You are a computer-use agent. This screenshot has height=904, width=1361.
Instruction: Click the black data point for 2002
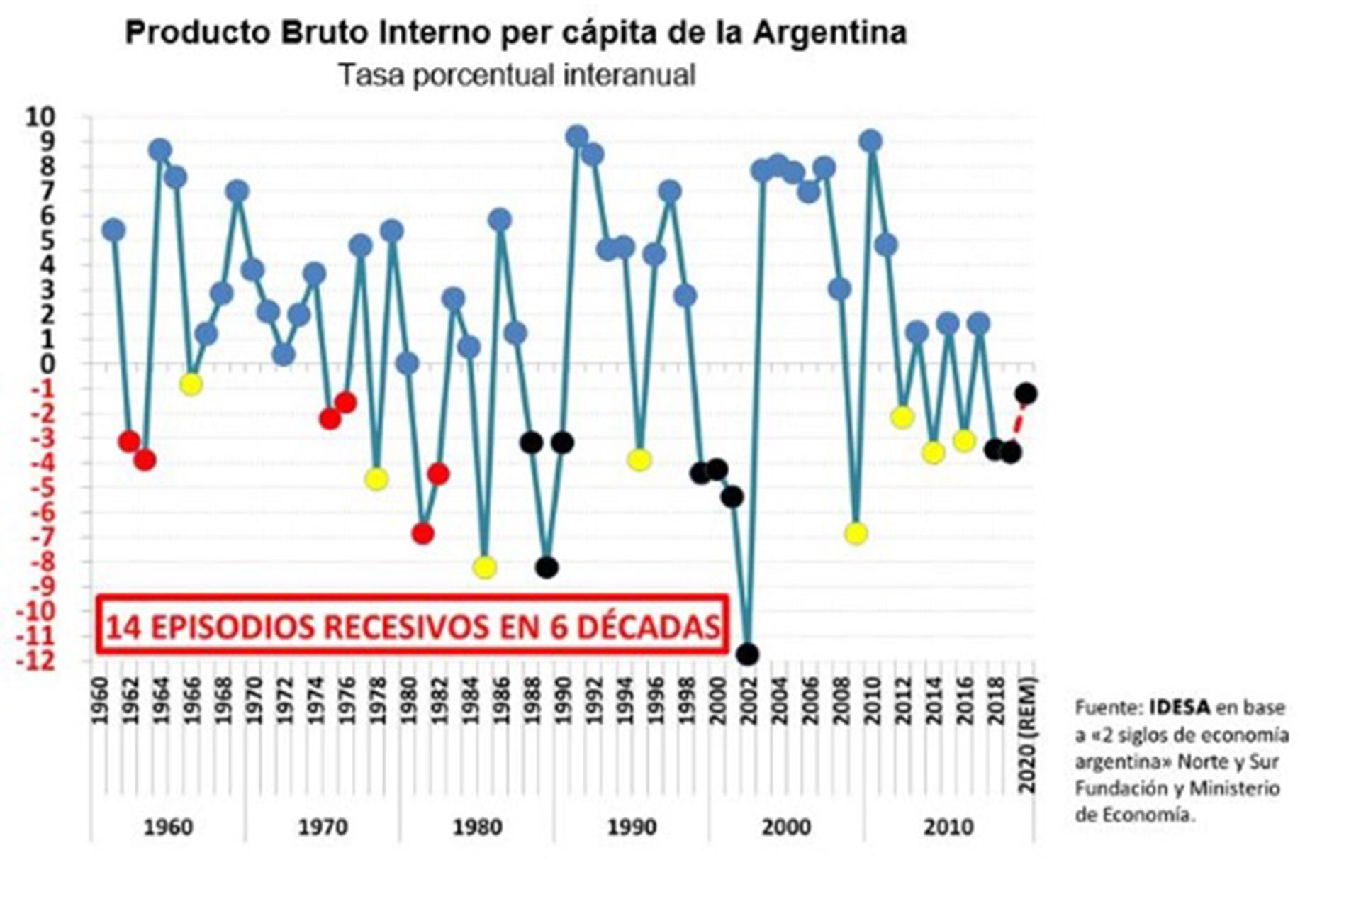click(x=747, y=654)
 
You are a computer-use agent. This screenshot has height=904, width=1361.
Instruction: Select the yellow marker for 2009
click(x=856, y=533)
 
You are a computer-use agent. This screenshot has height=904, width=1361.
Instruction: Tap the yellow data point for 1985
click(x=484, y=567)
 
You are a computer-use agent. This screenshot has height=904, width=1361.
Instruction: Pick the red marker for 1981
click(x=422, y=533)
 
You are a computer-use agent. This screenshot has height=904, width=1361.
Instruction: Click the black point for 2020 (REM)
click(x=1026, y=394)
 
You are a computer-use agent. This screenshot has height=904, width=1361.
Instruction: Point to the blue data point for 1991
click(x=577, y=136)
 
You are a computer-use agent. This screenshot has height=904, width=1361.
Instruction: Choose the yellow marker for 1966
click(x=191, y=384)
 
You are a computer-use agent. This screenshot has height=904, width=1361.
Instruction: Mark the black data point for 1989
click(x=547, y=567)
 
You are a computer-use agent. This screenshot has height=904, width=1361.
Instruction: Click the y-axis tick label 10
click(x=40, y=117)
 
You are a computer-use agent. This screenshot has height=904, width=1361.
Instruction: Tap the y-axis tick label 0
click(x=48, y=364)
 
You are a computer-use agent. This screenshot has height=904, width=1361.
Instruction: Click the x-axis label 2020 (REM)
click(x=1027, y=735)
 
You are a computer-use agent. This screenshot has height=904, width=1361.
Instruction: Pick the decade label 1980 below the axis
click(x=477, y=827)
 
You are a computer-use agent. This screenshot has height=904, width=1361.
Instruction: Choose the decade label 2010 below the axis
click(x=948, y=827)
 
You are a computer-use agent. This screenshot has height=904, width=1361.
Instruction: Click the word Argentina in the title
click(x=829, y=33)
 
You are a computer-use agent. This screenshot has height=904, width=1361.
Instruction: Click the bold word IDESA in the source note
click(x=1179, y=707)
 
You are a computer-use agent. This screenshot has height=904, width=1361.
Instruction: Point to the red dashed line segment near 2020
click(x=1019, y=421)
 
